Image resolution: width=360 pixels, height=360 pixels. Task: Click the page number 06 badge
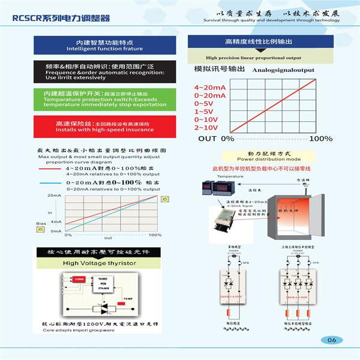[x=332, y=340]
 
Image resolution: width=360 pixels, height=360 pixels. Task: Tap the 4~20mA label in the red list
[x=209, y=88]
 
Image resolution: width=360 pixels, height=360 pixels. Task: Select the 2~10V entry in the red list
[x=206, y=127]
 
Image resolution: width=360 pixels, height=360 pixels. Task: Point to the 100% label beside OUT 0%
[x=321, y=139]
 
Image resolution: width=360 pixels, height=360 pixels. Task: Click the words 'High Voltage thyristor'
[x=99, y=263]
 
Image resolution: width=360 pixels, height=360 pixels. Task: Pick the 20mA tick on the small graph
[x=55, y=196]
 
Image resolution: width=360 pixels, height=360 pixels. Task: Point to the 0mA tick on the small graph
[x=56, y=230]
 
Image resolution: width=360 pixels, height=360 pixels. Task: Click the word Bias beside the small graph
[x=41, y=224]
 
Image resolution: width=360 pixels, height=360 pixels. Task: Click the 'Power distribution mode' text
[x=266, y=160]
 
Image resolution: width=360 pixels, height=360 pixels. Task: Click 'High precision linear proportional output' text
[x=253, y=58]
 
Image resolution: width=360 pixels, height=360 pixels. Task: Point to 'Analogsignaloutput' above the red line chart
[x=283, y=70]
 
